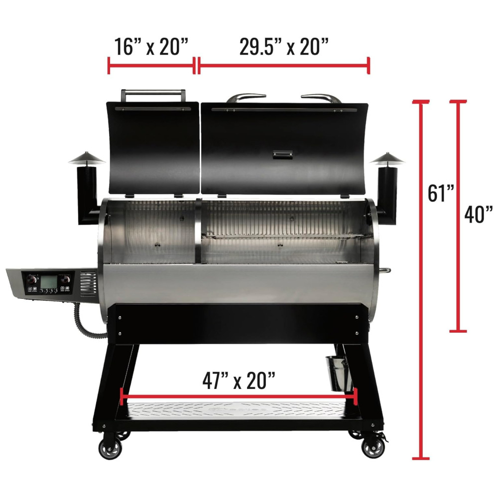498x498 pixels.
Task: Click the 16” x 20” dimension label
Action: pos(151,47)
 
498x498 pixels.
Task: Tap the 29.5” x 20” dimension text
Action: pos(284,47)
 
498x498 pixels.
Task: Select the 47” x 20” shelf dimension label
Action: pos(239,380)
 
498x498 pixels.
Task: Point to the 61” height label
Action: pos(441,193)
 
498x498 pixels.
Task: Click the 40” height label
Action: pos(479,214)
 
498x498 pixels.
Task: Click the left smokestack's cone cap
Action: pos(86,158)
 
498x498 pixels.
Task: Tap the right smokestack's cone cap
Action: pos(387,158)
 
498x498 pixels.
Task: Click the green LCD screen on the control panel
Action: pos(48,281)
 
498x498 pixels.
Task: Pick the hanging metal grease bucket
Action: pos(339,373)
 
